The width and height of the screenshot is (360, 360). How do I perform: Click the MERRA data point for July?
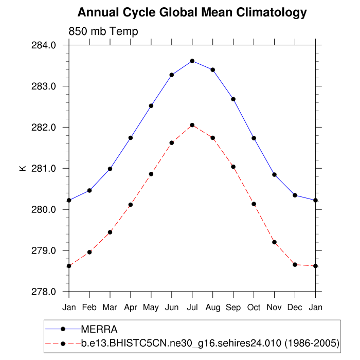pyautogui.click(x=192, y=61)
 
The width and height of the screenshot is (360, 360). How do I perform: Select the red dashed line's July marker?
pyautogui.click(x=192, y=125)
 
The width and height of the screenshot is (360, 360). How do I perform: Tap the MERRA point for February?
pyautogui.click(x=89, y=190)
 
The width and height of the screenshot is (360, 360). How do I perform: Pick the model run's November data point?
pyautogui.click(x=275, y=242)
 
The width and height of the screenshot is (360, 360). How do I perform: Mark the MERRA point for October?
pyautogui.click(x=254, y=138)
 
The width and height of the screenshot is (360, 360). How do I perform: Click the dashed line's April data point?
pyautogui.click(x=131, y=205)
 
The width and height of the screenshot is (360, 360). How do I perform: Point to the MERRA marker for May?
pyautogui.click(x=151, y=106)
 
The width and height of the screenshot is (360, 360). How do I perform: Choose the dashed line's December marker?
pyautogui.click(x=295, y=264)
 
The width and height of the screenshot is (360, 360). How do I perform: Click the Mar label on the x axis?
pyautogui.click(x=110, y=307)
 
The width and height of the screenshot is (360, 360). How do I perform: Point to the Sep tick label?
pyautogui.click(x=233, y=307)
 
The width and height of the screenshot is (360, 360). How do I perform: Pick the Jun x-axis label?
pyautogui.click(x=172, y=307)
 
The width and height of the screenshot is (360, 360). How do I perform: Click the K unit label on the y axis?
pyautogui.click(x=23, y=168)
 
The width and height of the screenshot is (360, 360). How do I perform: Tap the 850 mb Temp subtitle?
pyautogui.click(x=103, y=32)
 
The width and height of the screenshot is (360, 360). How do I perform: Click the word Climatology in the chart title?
pyautogui.click(x=269, y=12)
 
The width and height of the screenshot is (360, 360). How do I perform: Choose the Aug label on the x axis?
pyautogui.click(x=213, y=307)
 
